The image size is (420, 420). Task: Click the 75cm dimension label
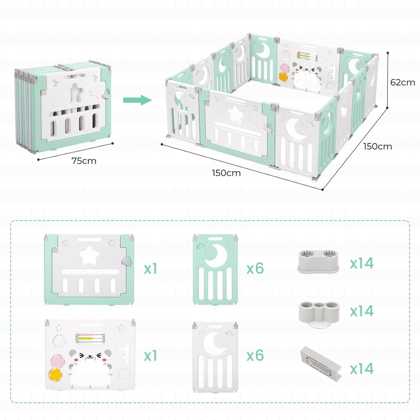[x=84, y=161]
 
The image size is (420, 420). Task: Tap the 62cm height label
[x=402, y=82]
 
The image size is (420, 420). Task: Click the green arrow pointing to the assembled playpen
[x=137, y=100]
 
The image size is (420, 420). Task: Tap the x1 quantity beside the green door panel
[x=150, y=268]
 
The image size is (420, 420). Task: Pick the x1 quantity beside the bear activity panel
[x=150, y=356]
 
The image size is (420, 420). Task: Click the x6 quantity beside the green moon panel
[x=255, y=268]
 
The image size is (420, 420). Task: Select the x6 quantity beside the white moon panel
[x=255, y=356]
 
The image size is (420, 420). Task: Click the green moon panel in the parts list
[x=215, y=269]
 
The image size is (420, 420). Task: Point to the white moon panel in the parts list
[x=215, y=356]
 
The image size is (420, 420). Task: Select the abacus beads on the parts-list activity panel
[x=90, y=338]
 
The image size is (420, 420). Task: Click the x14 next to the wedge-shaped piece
[x=362, y=368]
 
